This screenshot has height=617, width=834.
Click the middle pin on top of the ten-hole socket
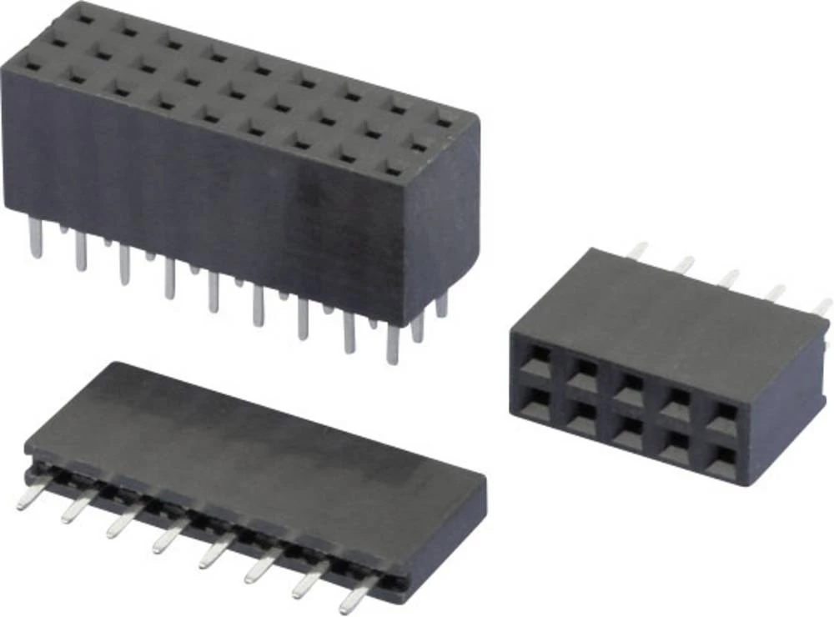coord(731,278)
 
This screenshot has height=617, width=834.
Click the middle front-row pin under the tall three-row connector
coord(214,292)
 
